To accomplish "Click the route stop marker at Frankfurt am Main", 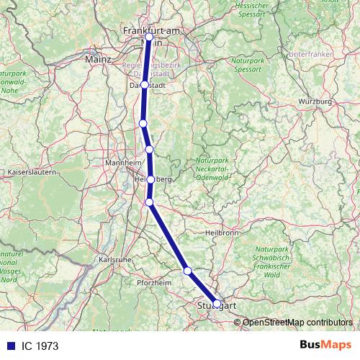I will click(149, 37).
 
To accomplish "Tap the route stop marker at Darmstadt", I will click(145, 84).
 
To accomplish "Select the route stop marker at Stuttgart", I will click(217, 303).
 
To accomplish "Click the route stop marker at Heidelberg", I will click(150, 179).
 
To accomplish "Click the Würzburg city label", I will click(314, 102).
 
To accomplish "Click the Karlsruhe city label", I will click(114, 258).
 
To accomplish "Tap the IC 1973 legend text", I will click(40, 346).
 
